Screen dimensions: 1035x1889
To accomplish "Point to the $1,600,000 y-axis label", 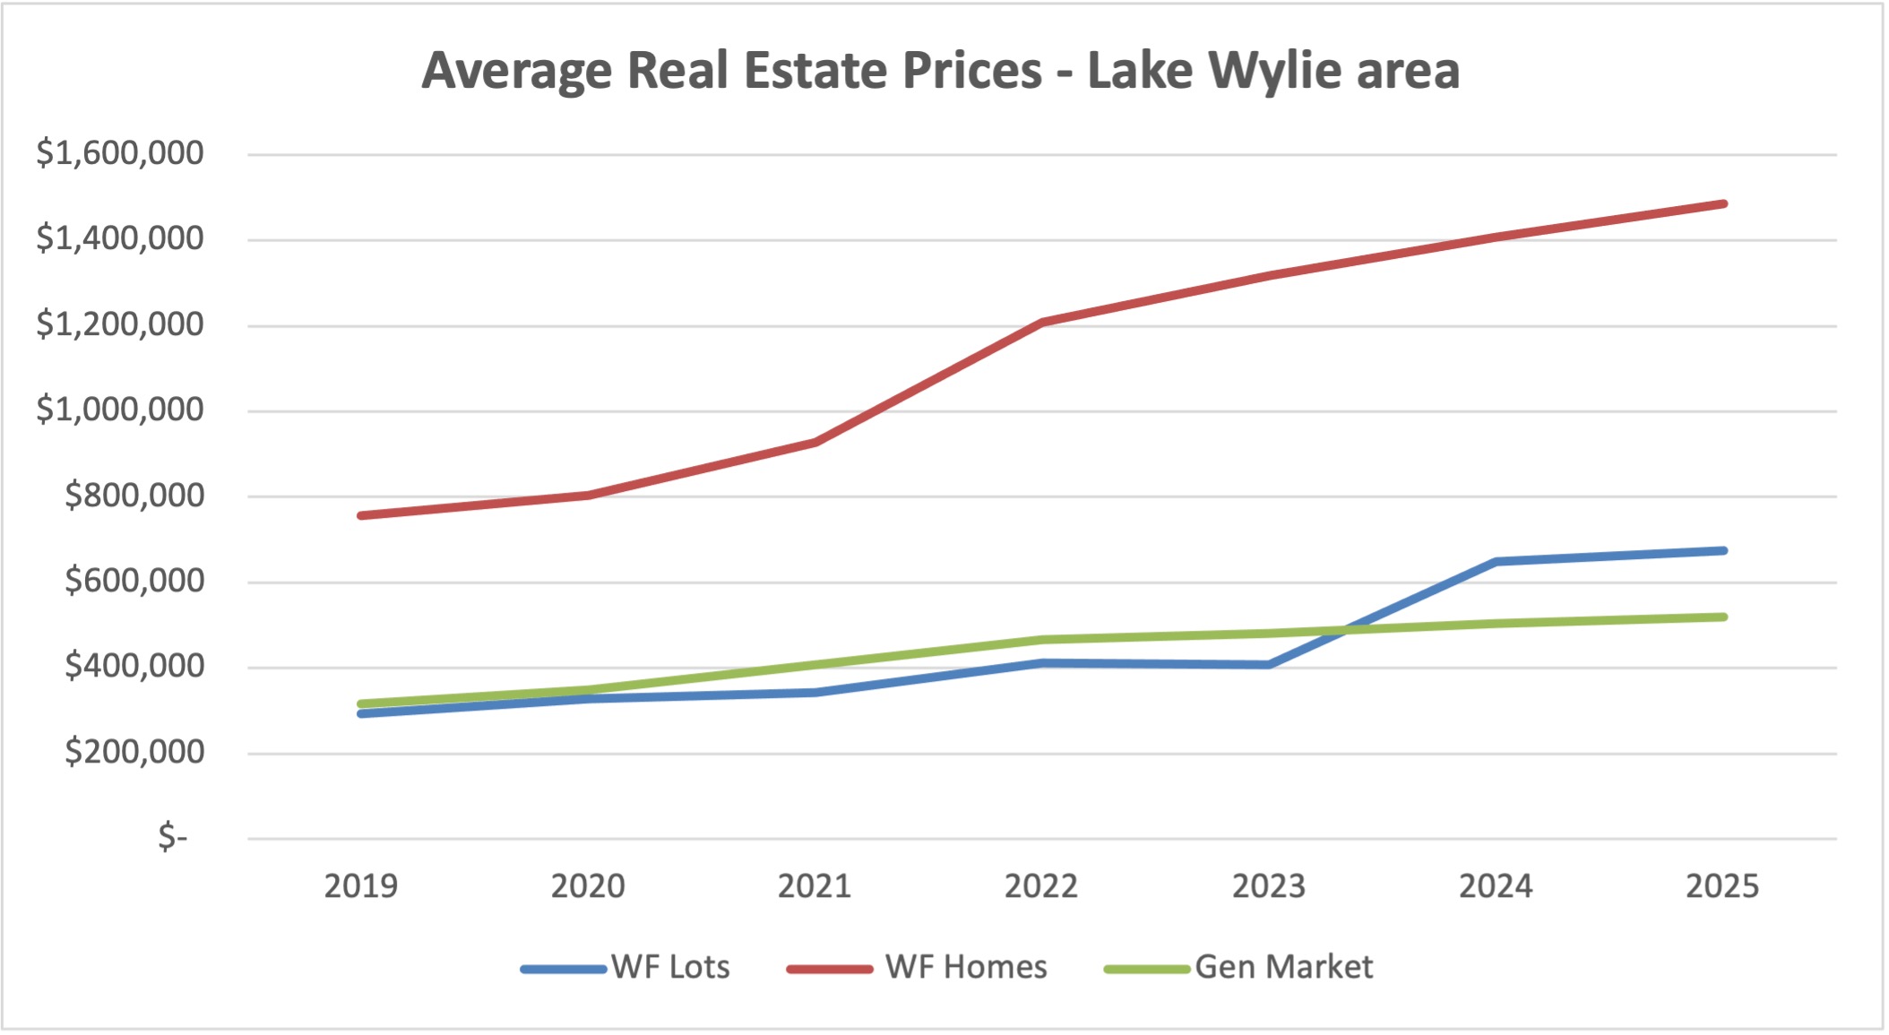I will tap(119, 153).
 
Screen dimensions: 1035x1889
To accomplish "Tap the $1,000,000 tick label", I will tap(119, 410).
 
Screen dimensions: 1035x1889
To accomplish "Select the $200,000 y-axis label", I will tap(134, 752).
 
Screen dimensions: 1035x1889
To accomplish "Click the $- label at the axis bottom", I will tap(172, 837).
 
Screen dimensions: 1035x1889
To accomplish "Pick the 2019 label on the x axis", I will tap(360, 886).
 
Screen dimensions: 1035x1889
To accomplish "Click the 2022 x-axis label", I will tap(1040, 886).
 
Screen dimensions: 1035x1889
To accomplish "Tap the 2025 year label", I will tap(1721, 886).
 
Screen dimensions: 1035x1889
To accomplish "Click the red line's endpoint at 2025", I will tap(1722, 204).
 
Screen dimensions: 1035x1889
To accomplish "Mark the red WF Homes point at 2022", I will tap(1042, 322).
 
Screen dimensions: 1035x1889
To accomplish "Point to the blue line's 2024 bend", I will tap(1496, 562).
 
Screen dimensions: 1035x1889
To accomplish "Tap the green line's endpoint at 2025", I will tap(1722, 617).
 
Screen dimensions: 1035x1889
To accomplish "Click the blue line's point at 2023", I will tap(1269, 665).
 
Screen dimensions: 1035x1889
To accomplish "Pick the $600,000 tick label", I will tap(134, 581).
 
